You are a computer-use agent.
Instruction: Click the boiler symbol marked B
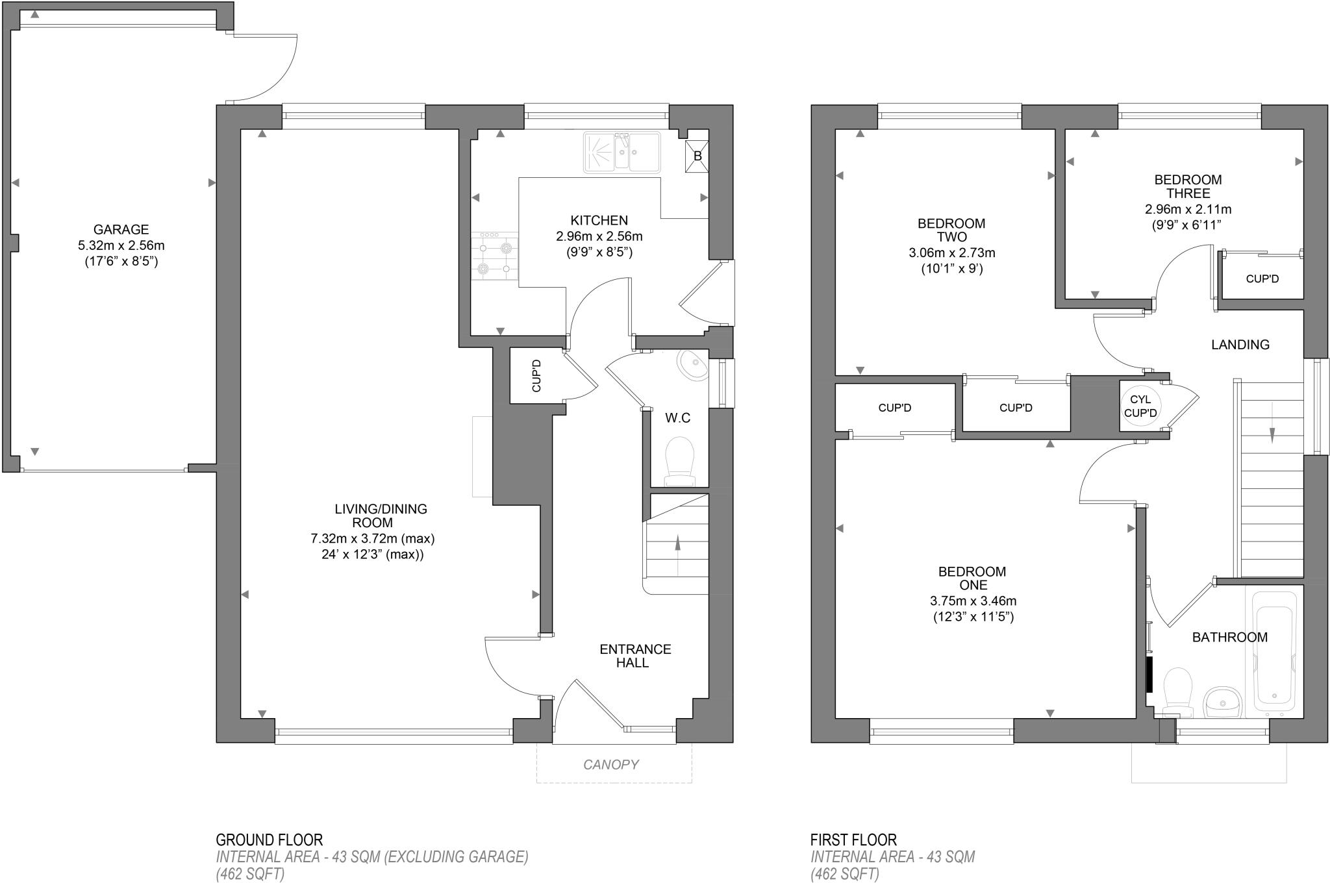pos(697,156)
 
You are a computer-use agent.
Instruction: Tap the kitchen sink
pos(622,153)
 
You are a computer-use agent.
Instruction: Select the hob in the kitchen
pos(495,256)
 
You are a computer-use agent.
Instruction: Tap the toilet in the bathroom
pos(1177,692)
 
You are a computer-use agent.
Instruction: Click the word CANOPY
pos(610,764)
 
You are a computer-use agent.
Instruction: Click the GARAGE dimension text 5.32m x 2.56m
pos(121,245)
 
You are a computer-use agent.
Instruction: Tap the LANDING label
pos(1240,345)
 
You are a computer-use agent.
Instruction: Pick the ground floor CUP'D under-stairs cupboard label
pos(536,376)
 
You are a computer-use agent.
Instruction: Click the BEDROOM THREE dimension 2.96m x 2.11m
pos(1188,210)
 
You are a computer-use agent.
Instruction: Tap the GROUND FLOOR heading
pos(269,840)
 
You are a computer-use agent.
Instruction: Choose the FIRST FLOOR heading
pos(853,840)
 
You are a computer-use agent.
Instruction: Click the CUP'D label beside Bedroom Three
pos(1262,279)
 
